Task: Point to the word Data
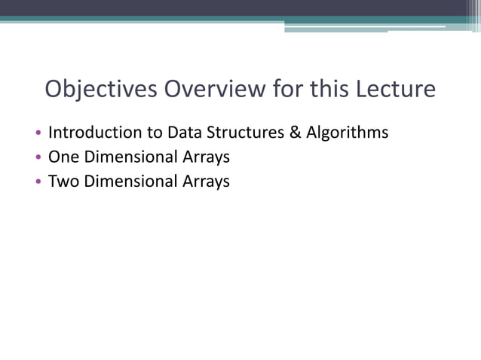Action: pyautogui.click(x=183, y=133)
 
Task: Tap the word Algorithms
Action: pyautogui.click(x=347, y=133)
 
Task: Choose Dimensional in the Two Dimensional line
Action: pyautogui.click(x=133, y=182)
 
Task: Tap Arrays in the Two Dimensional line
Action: pyautogui.click(x=206, y=182)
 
